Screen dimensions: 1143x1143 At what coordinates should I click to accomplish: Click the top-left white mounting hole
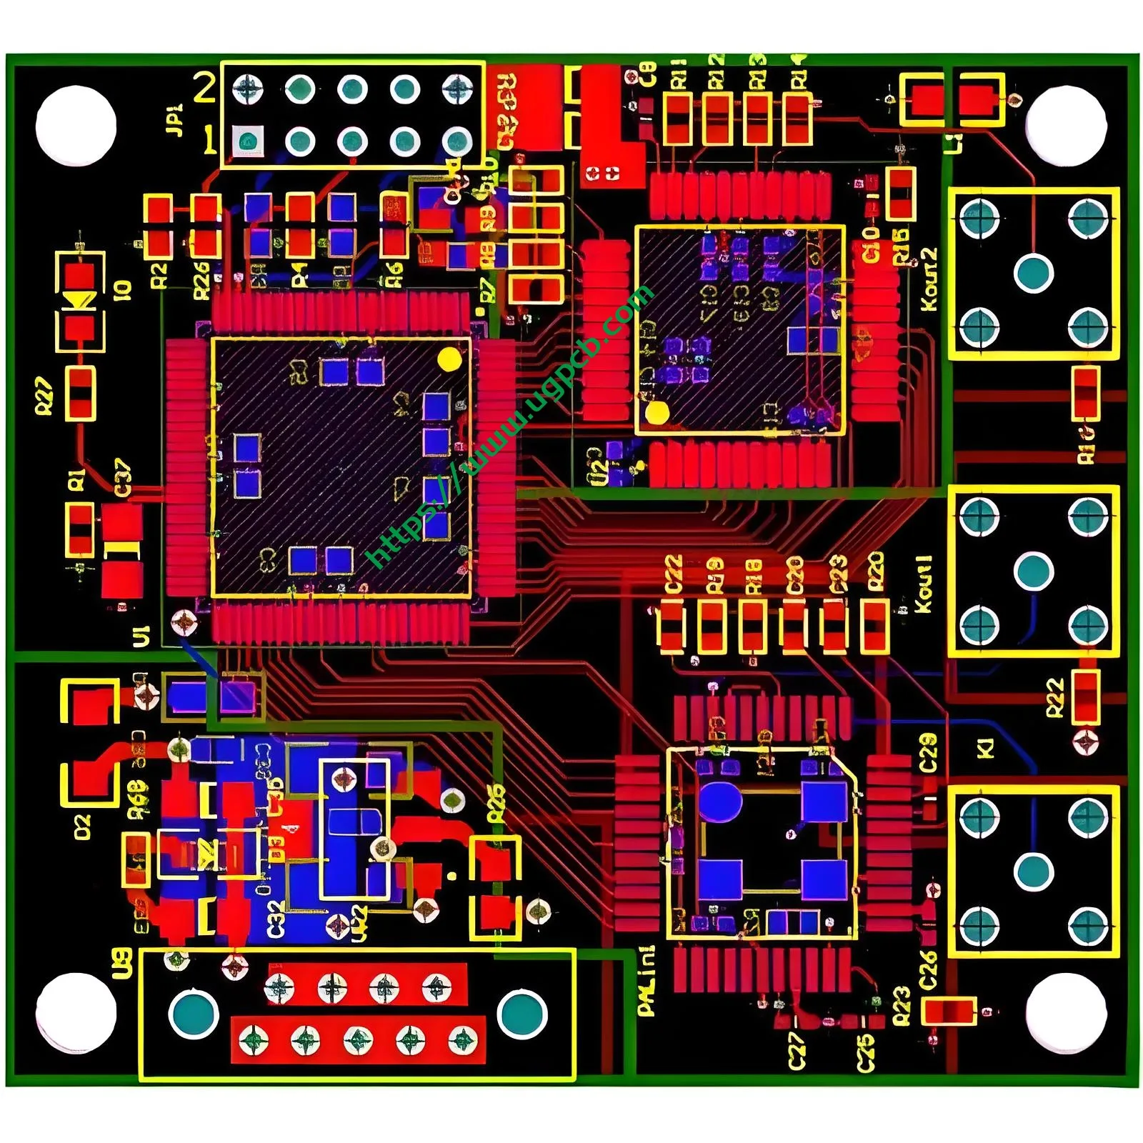(x=76, y=126)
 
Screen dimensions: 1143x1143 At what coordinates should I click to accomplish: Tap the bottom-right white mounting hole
(x=1066, y=1013)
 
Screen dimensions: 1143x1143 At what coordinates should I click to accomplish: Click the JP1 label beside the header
(x=174, y=120)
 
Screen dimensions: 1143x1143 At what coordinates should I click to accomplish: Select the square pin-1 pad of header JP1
(x=248, y=141)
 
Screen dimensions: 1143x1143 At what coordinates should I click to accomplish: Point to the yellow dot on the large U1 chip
(x=449, y=359)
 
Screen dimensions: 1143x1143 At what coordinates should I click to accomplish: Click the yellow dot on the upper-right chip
(x=657, y=412)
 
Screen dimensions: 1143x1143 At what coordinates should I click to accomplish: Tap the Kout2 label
(x=928, y=279)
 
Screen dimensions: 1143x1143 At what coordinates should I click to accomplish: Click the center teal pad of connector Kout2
(x=1034, y=272)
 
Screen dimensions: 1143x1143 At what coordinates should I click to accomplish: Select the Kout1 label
(x=923, y=584)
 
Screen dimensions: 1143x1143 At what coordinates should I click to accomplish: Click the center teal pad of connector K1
(x=1034, y=872)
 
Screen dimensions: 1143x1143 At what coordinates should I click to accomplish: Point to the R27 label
(x=44, y=397)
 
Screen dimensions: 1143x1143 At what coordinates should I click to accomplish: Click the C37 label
(x=123, y=478)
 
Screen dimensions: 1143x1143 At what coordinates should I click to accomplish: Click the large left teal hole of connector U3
(x=194, y=1014)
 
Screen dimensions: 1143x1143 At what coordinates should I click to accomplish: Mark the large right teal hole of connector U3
(x=522, y=1014)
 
